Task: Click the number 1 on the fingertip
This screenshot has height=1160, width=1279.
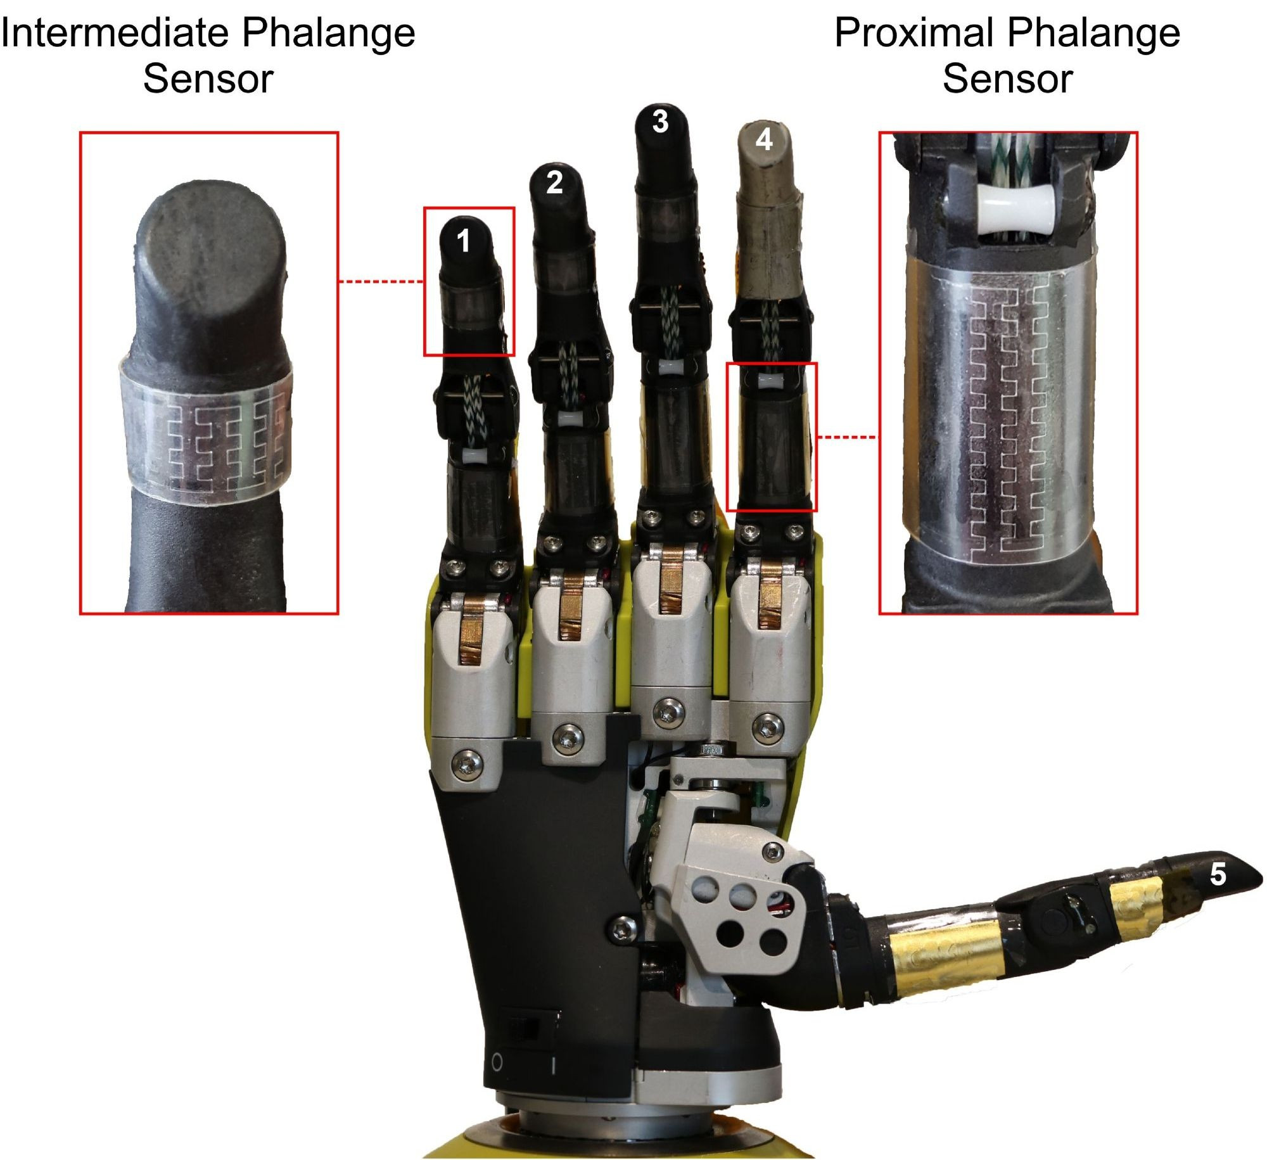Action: point(464,242)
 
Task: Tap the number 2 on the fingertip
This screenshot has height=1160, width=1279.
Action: point(554,183)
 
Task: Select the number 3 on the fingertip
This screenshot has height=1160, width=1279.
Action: point(661,122)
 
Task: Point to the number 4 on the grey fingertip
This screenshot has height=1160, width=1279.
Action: point(765,139)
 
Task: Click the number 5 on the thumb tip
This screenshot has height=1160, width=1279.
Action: point(1218,874)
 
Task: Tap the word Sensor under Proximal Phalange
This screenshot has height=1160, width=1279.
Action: point(1007,79)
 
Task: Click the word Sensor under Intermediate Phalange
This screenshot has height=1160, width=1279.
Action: point(208,79)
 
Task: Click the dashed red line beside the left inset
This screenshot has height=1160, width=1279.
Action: point(381,281)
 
